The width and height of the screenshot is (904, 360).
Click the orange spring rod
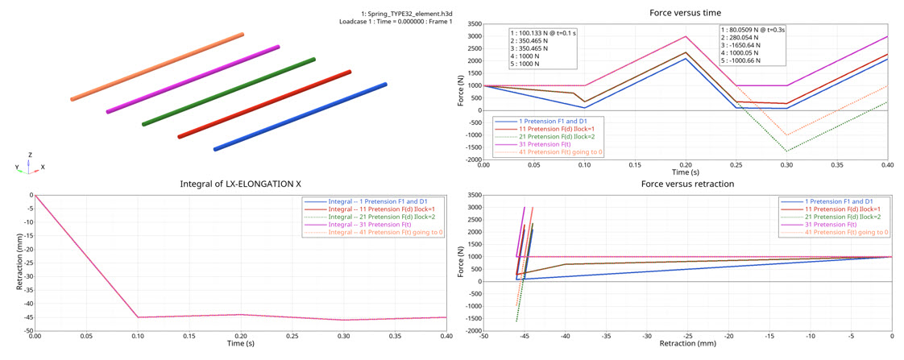[157, 67]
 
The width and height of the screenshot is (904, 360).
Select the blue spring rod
[301, 116]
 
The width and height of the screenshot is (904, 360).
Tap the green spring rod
[229, 91]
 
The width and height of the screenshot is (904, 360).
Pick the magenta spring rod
[193, 79]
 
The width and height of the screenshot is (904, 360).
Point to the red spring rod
[265, 104]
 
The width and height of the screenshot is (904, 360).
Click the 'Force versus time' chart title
[685, 13]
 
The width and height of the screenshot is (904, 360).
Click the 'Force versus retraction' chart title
[687, 184]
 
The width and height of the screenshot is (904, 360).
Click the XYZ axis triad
[29, 165]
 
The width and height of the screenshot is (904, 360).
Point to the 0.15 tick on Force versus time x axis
[635, 165]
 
